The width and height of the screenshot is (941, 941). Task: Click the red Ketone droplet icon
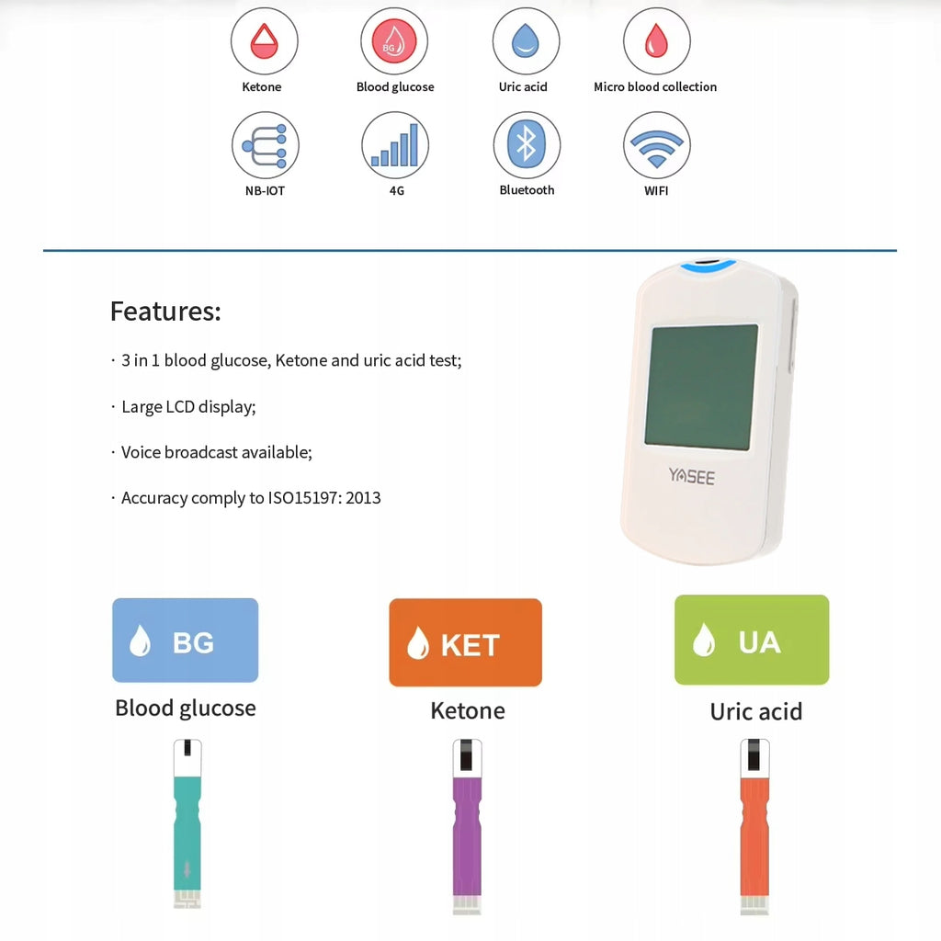point(264,40)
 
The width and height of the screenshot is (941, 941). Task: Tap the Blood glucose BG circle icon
point(394,40)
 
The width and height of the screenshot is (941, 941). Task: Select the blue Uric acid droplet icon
point(526,40)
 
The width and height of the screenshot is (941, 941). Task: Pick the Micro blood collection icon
point(656,40)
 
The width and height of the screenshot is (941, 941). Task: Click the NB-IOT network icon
point(266,145)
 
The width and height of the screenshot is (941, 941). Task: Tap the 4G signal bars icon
point(395,145)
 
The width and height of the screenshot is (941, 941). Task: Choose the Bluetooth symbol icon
point(527,145)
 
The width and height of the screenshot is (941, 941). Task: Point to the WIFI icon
point(656,145)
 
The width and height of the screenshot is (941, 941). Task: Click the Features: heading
point(165,312)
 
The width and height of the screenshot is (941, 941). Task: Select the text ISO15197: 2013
point(324,497)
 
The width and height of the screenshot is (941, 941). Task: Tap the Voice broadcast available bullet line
point(212,452)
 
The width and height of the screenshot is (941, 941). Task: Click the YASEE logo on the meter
point(692,477)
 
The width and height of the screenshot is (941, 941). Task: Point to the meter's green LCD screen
point(701,388)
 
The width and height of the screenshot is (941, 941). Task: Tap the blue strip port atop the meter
point(708,265)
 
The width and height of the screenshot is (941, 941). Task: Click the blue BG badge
point(186,640)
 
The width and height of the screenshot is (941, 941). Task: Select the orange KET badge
point(466,642)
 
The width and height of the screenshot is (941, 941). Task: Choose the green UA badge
point(752,640)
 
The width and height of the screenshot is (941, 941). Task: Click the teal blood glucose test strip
point(187,824)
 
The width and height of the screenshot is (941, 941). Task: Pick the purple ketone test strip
point(467,827)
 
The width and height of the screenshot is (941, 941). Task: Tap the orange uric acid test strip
point(755,827)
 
